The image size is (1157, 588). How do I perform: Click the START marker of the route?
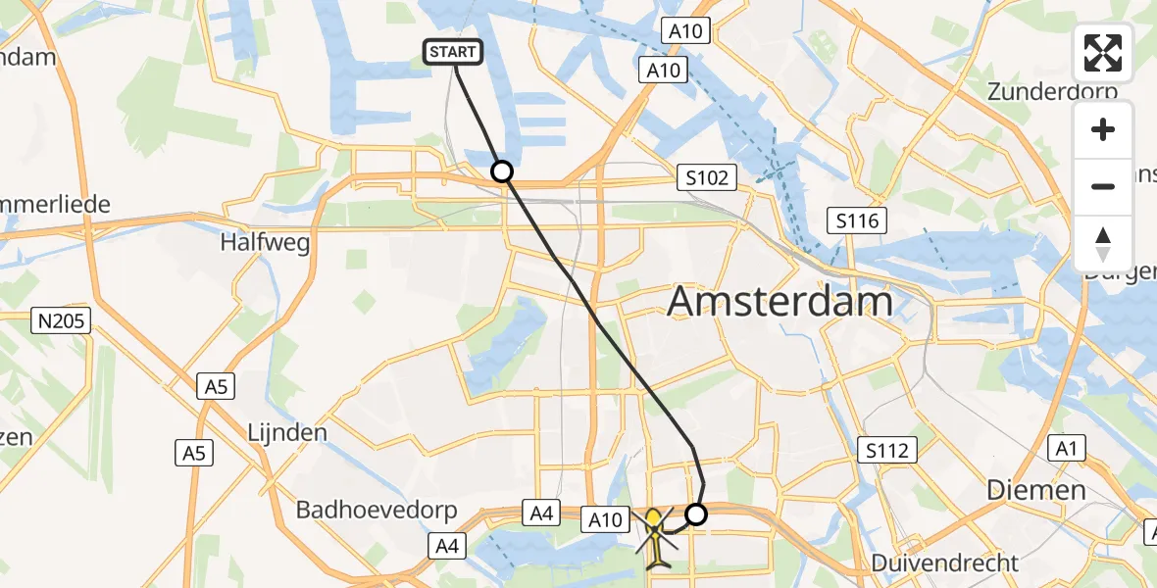point(453,52)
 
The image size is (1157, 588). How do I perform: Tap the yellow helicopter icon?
point(654,536)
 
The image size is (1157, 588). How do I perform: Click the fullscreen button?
point(1103,53)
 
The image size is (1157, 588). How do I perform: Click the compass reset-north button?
point(1103,244)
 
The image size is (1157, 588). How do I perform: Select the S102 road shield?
point(707,178)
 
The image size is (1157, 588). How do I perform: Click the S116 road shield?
point(856,220)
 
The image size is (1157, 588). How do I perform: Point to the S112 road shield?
point(887,451)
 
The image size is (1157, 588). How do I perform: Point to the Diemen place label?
point(1036,490)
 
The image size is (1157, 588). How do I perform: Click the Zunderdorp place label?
point(1052,92)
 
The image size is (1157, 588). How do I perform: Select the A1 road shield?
point(1068,448)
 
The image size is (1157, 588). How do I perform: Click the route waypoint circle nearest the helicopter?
point(695,514)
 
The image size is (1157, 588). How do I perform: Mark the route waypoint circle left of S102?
point(501,172)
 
